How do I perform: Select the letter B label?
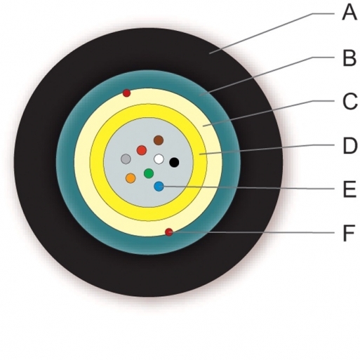pyautogui.click(x=349, y=58)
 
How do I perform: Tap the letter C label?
pyautogui.click(x=349, y=102)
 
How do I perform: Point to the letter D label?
pyautogui.click(x=350, y=146)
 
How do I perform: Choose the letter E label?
pyautogui.click(x=349, y=189)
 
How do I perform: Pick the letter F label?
pyautogui.click(x=349, y=233)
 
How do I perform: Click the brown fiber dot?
pyautogui.click(x=159, y=140)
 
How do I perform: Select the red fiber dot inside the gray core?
pyautogui.click(x=142, y=150)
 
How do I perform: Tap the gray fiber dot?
pyautogui.click(x=126, y=159)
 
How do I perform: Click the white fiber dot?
pyautogui.click(x=159, y=159)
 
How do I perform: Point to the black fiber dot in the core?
pyautogui.click(x=174, y=162)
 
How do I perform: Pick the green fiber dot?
pyautogui.click(x=149, y=173)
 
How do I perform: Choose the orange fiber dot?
pyautogui.click(x=131, y=178)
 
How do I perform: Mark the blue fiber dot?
pyautogui.click(x=159, y=186)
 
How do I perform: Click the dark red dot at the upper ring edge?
pyautogui.click(x=126, y=93)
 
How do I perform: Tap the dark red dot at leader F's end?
pyautogui.click(x=169, y=232)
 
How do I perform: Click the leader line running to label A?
pyautogui.click(x=272, y=34)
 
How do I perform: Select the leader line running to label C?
pyautogui.click(x=269, y=114)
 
